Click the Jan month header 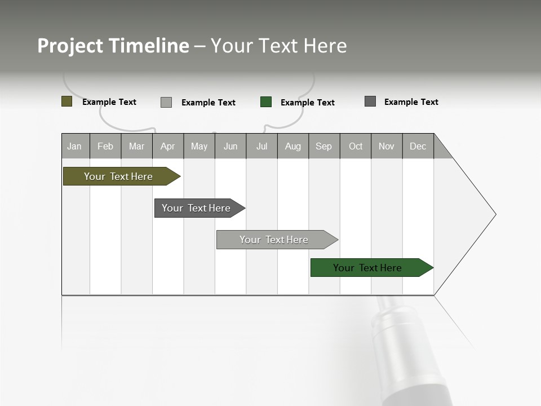pos(74,146)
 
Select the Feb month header pos(105,146)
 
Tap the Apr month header pos(167,146)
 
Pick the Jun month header pos(230,146)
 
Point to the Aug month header pos(292,146)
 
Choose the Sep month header pos(323,146)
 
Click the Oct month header pos(356,146)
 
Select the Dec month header pos(418,146)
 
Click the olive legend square pos(66,101)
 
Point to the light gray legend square pos(166,102)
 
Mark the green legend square pos(266,102)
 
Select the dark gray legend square pos(370,101)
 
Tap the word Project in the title pos(70,46)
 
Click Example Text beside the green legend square pos(308,103)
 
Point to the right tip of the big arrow pos(495,214)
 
